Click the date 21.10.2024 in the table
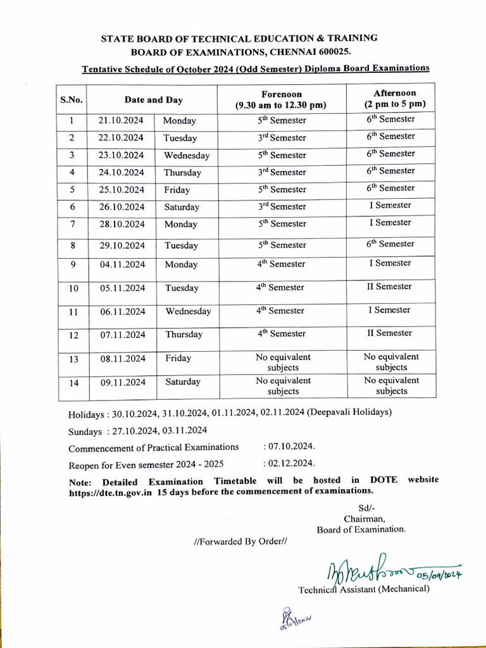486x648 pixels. pyautogui.click(x=121, y=120)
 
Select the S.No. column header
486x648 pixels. pyautogui.click(x=72, y=99)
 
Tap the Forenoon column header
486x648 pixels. pyautogui.click(x=282, y=99)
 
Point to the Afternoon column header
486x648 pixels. pyautogui.click(x=394, y=98)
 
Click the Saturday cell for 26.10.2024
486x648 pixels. pyautogui.click(x=182, y=207)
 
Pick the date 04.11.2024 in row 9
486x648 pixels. pyautogui.click(x=122, y=265)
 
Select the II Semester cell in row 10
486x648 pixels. pyautogui.click(x=389, y=287)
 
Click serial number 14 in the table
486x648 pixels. pyautogui.click(x=73, y=382)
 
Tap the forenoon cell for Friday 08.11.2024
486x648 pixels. pyautogui.click(x=283, y=362)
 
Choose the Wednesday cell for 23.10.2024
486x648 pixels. pyautogui.click(x=187, y=155)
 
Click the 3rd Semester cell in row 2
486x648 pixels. pyautogui.click(x=282, y=137)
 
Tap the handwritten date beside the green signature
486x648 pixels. pyautogui.click(x=435, y=574)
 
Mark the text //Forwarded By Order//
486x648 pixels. pyautogui.click(x=240, y=542)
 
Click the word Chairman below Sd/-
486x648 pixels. pyautogui.click(x=361, y=518)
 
